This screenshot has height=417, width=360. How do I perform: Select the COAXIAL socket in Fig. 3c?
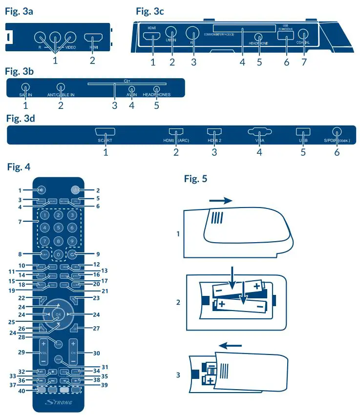coord(304,35)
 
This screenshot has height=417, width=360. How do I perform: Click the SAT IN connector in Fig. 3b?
coord(26,88)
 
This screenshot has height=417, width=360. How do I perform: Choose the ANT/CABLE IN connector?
coord(61,88)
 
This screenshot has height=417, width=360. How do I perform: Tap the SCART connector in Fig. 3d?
coord(105,132)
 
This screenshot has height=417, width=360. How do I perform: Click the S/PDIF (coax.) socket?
coord(336,131)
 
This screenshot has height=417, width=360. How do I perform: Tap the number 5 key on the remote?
coord(58,227)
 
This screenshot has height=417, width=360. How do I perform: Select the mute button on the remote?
coord(41,190)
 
